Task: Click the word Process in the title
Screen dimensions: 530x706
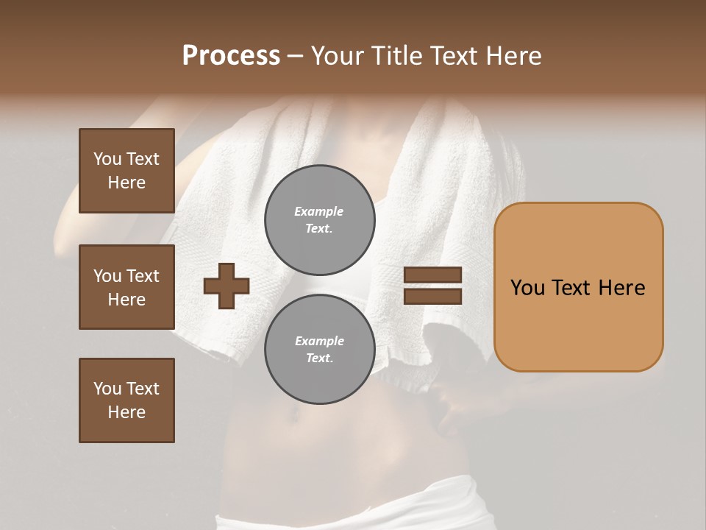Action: click(x=231, y=56)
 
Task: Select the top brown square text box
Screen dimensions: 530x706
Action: click(x=126, y=171)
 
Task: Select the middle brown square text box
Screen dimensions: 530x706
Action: click(x=126, y=287)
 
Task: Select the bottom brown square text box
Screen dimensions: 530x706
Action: click(x=126, y=400)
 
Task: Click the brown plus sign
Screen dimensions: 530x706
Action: click(x=227, y=286)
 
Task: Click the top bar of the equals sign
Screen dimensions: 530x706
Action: click(x=433, y=275)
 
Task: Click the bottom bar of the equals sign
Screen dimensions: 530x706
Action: click(x=433, y=296)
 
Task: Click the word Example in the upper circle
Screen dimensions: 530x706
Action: click(x=319, y=211)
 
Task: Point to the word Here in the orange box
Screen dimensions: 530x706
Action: click(x=621, y=288)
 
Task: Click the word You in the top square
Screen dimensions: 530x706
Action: click(x=107, y=159)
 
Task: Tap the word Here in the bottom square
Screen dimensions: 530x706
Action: click(x=126, y=412)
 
